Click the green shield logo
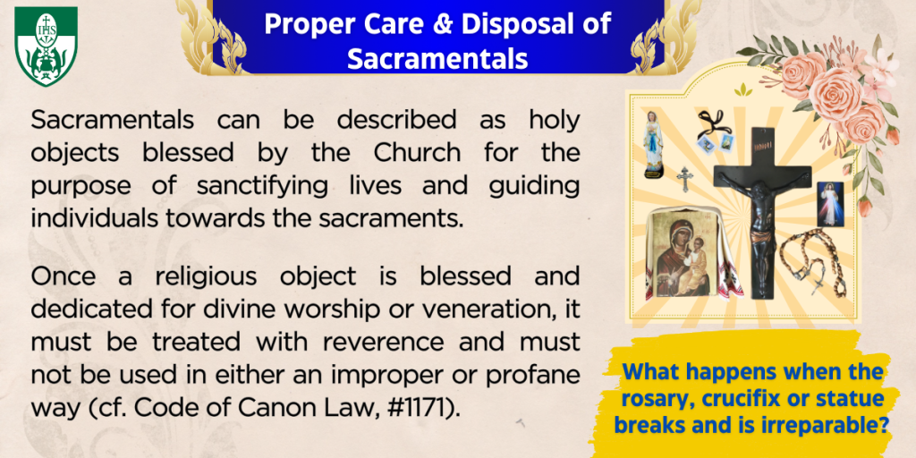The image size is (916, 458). [x=47, y=46]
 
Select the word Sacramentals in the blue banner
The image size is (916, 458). [x=437, y=58]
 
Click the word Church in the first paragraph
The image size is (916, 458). [x=417, y=152]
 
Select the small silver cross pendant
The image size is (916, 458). [x=683, y=179]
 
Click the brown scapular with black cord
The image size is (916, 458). [x=714, y=132]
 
